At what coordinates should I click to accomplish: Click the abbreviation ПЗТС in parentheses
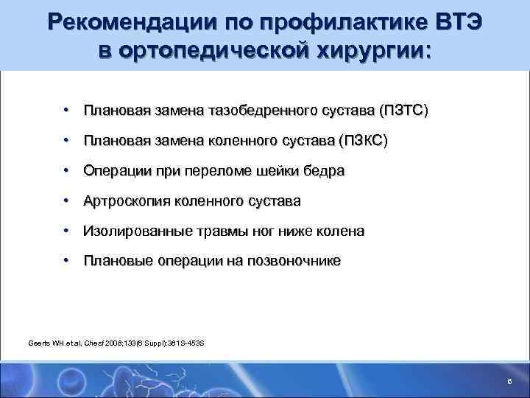click(403, 111)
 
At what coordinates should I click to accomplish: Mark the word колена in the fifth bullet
click(341, 231)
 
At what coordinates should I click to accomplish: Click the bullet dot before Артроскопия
click(66, 200)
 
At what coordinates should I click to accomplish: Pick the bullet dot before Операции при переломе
click(66, 170)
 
